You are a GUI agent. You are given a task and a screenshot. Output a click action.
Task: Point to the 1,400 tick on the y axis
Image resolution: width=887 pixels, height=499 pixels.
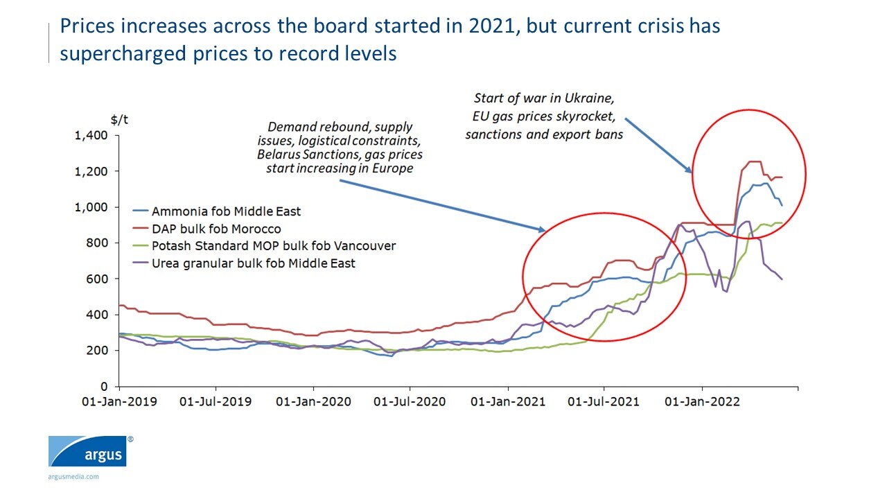[91, 135]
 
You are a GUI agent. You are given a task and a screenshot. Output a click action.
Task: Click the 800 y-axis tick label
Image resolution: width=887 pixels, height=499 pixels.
[97, 243]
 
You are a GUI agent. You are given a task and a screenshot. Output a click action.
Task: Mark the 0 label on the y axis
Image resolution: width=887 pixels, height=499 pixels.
[104, 387]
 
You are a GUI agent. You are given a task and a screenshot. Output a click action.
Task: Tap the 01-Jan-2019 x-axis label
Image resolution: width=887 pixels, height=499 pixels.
[119, 402]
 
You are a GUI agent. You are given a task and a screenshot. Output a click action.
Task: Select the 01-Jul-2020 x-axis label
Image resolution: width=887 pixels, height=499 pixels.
[410, 402]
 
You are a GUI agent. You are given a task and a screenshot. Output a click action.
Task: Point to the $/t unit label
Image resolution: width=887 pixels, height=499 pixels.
[118, 119]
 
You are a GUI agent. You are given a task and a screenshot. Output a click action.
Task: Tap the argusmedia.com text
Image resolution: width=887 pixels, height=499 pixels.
[73, 477]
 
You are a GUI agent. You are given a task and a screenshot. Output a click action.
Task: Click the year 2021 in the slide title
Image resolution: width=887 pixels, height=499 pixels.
[489, 26]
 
